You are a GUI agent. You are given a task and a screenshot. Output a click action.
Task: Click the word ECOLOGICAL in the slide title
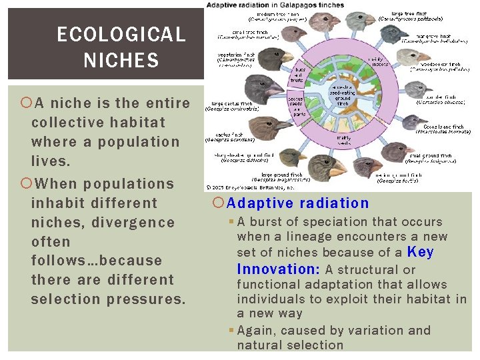coord(121,35)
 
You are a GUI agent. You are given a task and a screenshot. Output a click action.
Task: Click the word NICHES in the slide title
coord(121,61)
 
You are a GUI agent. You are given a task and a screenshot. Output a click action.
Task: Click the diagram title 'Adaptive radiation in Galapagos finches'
coord(276,5)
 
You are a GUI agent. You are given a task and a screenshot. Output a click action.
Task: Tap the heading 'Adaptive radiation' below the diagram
coord(298,203)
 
